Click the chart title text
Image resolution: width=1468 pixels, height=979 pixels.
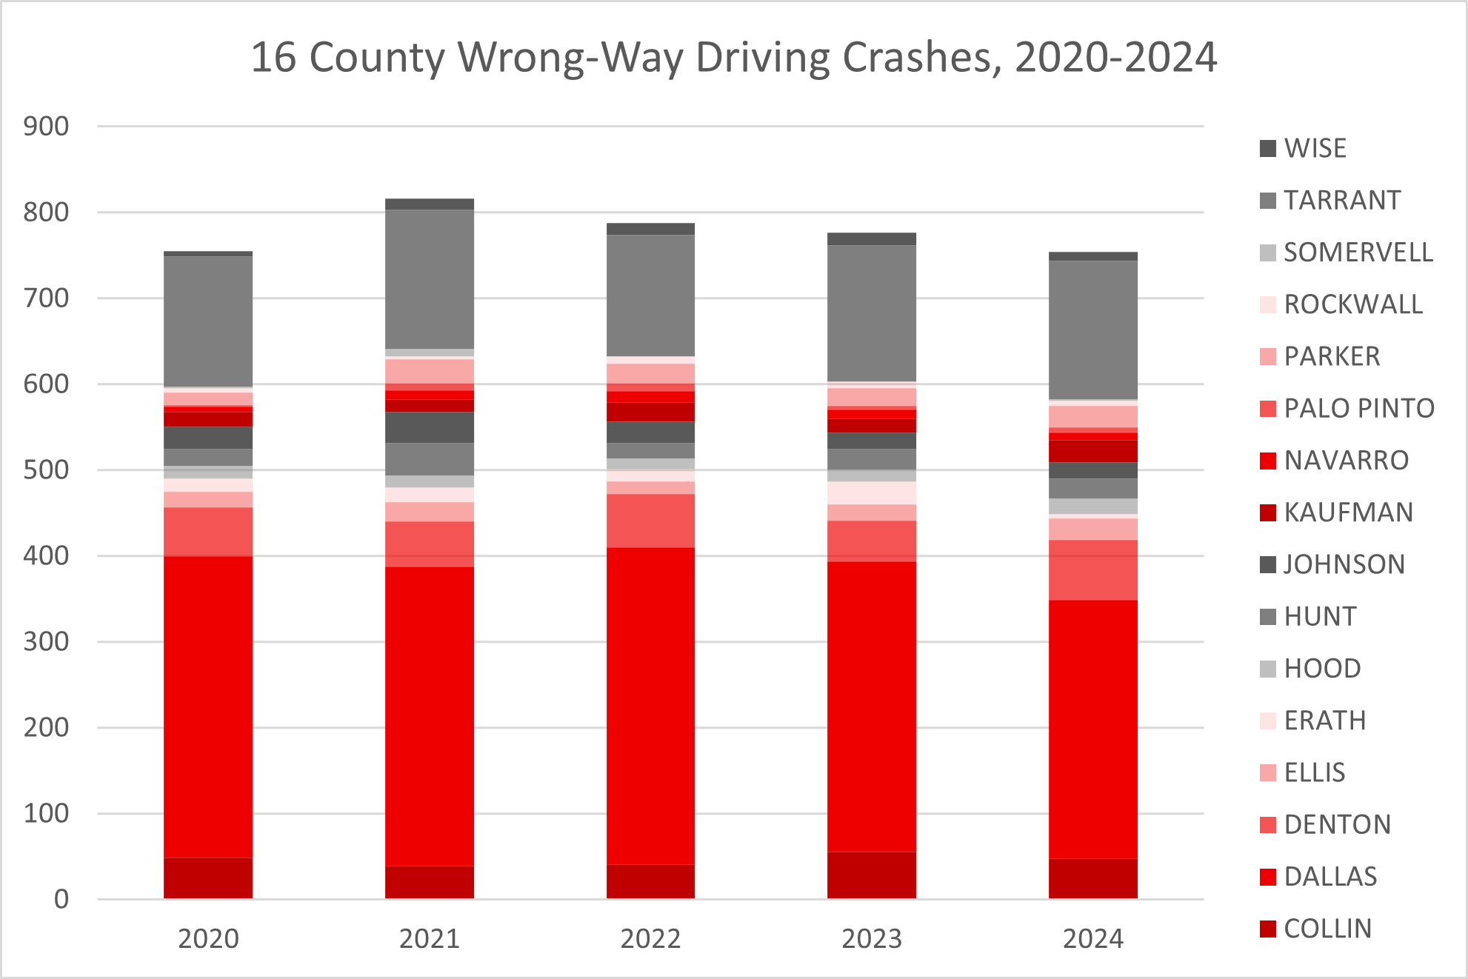(x=733, y=58)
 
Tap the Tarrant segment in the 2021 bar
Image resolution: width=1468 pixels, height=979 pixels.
(x=430, y=278)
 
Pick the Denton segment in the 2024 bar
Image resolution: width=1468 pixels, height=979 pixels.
(x=1093, y=569)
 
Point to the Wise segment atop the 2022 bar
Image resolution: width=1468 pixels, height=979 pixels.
(x=650, y=229)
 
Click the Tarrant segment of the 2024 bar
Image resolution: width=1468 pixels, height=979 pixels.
(x=1093, y=330)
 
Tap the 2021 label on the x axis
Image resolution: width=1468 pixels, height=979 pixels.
(x=430, y=939)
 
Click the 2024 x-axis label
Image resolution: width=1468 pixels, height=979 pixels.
(x=1093, y=939)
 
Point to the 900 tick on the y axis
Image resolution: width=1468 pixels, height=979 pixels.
(x=46, y=127)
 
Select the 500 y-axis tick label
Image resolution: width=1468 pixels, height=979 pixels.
(x=46, y=470)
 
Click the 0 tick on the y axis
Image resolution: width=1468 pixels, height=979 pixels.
(x=61, y=899)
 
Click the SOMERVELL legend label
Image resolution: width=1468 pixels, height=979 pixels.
(x=1358, y=253)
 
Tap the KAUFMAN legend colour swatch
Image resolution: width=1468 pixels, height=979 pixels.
(x=1268, y=512)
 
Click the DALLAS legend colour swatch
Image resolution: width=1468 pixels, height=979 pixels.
(x=1268, y=877)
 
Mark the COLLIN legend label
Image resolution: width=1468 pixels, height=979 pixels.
(x=1327, y=929)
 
